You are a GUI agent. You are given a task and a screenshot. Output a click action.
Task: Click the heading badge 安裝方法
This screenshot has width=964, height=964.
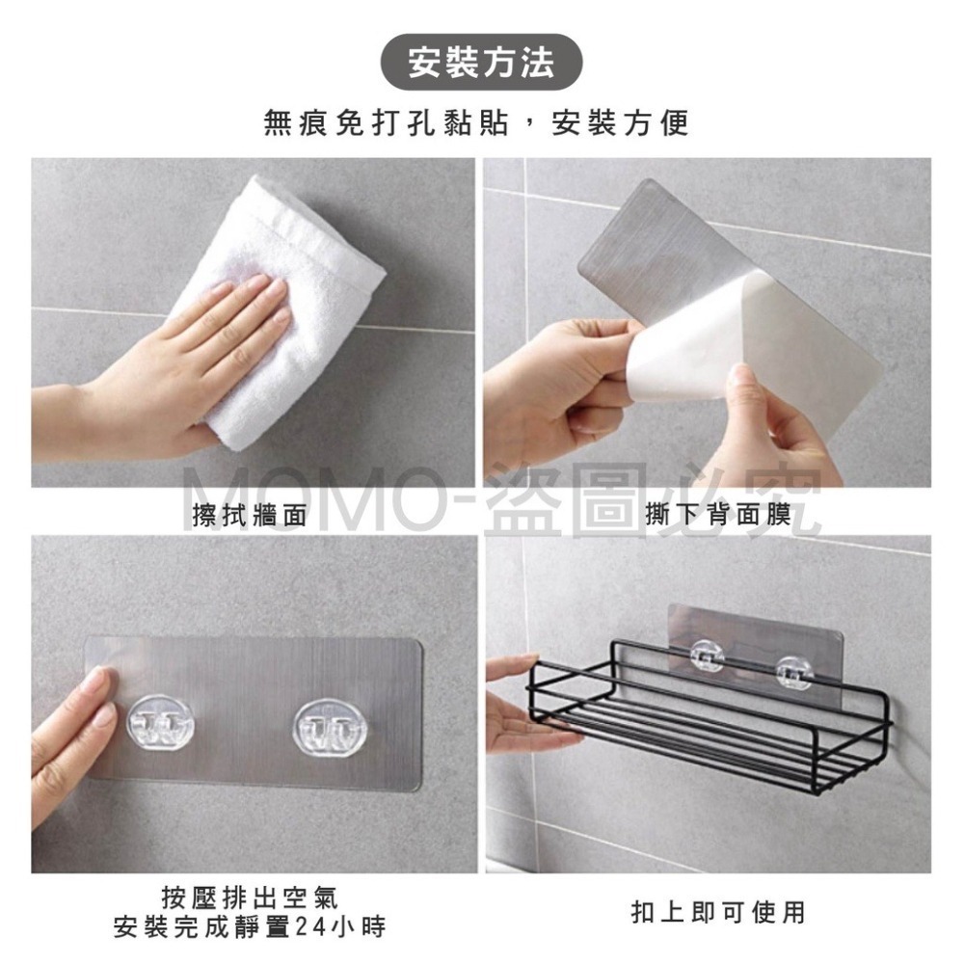coord(481,62)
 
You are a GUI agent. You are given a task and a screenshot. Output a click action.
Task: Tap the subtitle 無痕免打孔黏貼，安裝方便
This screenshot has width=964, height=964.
coord(476,121)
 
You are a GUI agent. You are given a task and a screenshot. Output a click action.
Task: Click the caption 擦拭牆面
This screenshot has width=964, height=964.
coord(249,515)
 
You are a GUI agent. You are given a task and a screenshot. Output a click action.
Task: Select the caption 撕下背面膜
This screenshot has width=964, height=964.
coord(717,514)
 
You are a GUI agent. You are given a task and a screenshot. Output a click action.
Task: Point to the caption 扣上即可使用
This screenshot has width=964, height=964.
coord(717,912)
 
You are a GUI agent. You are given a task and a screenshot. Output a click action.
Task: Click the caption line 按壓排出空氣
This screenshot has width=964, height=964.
coord(250,897)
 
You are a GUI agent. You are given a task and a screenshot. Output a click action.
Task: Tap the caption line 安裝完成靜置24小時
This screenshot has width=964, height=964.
coord(250,925)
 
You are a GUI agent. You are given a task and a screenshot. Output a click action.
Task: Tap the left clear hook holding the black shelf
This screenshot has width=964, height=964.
coord(707,655)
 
